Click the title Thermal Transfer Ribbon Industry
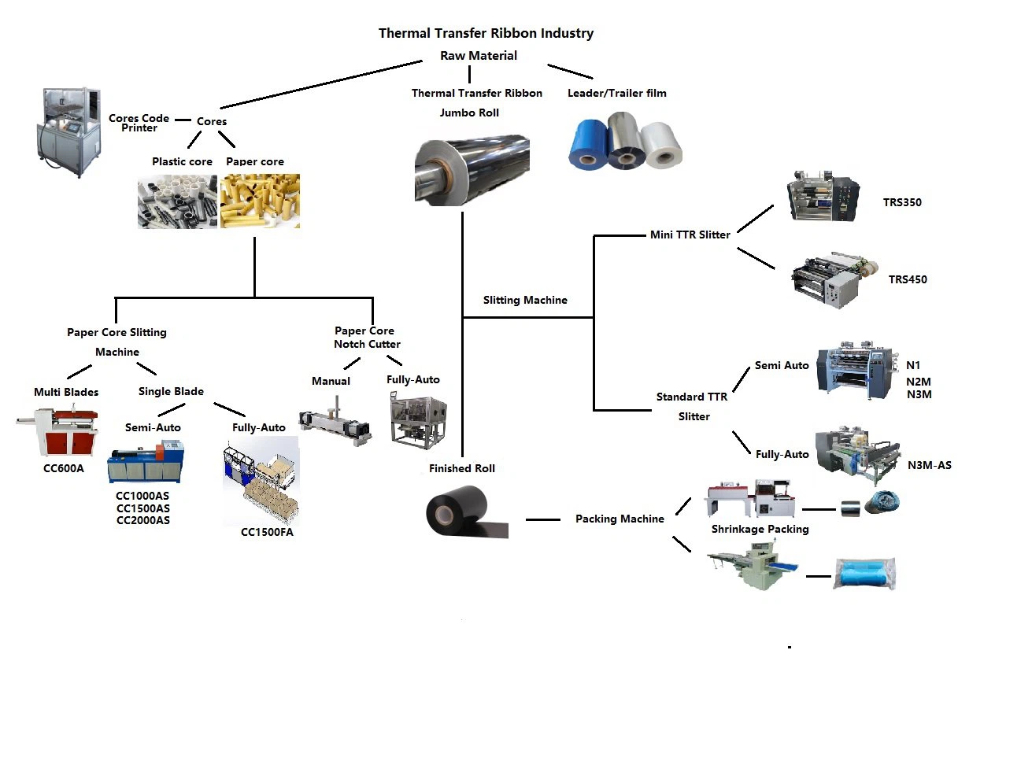click(x=486, y=33)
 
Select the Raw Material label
click(x=479, y=56)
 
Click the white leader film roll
click(x=662, y=145)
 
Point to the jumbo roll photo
click(x=472, y=170)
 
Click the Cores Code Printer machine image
click(x=69, y=131)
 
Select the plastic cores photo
click(x=177, y=201)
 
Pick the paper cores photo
click(x=260, y=201)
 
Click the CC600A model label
click(x=64, y=468)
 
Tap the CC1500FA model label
click(x=267, y=532)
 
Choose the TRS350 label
click(x=902, y=202)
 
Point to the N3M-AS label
click(x=929, y=465)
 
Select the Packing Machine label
click(x=620, y=519)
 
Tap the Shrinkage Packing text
click(x=760, y=529)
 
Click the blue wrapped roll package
click(x=865, y=574)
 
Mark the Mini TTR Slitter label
click(x=690, y=235)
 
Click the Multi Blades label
click(x=66, y=392)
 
